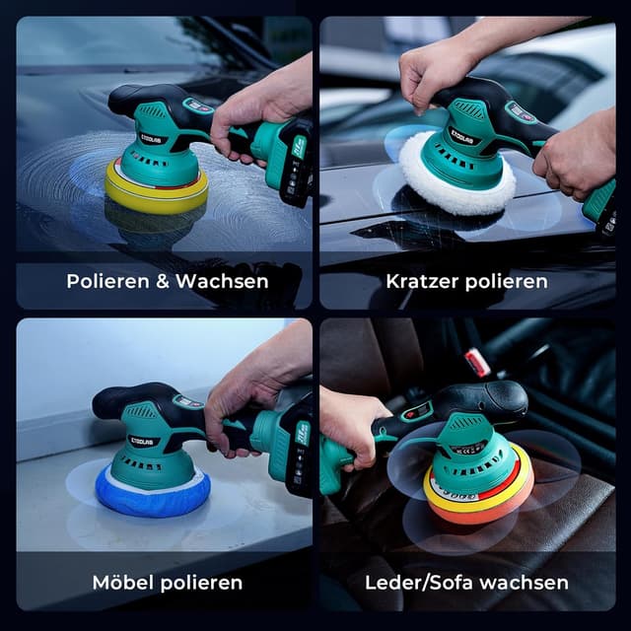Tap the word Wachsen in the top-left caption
pyautogui.click(x=222, y=281)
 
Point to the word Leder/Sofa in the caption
pyautogui.click(x=417, y=582)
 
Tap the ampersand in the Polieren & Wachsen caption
pyautogui.click(x=161, y=281)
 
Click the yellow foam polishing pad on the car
pyautogui.click(x=156, y=190)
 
